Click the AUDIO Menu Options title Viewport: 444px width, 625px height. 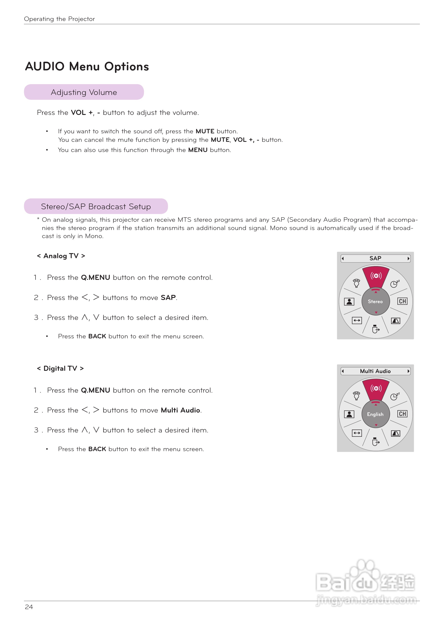[87, 67]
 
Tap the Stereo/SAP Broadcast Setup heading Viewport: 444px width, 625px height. [96, 206]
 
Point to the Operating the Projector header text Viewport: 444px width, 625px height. [59, 19]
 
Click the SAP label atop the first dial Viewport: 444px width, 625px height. [375, 258]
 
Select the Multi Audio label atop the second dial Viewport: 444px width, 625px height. [375, 371]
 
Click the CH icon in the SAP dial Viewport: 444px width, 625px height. [402, 301]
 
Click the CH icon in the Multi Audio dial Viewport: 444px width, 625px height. [402, 414]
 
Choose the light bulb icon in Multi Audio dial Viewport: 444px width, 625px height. [357, 396]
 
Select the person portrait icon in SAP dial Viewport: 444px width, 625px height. [349, 301]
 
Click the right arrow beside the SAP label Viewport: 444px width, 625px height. [408, 258]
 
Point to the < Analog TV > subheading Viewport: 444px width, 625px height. [61, 256]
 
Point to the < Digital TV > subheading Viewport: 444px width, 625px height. [60, 368]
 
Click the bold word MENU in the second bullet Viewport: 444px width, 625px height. [198, 150]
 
